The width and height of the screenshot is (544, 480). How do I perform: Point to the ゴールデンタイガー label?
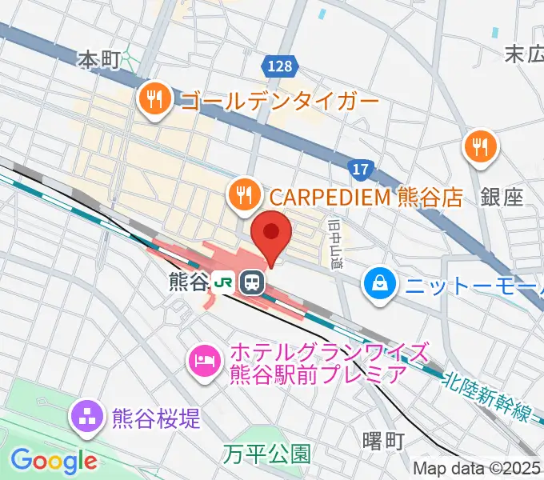coord(280,102)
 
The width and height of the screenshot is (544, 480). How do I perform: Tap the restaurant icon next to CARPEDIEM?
coord(241,194)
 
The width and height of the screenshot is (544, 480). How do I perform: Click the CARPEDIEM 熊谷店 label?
coord(366,196)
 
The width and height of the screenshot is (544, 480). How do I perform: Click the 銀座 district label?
coord(502,197)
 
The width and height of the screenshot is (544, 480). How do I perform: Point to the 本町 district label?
coord(99,58)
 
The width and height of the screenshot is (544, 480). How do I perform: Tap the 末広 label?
coord(524,54)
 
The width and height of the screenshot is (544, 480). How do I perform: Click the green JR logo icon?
coord(224,282)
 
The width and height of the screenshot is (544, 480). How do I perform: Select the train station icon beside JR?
coord(252,282)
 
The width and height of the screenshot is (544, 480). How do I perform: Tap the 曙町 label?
coord(383,441)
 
